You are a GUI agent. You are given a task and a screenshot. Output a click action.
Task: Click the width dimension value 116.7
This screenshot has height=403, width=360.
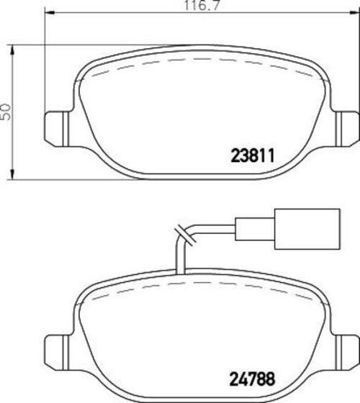[202, 6]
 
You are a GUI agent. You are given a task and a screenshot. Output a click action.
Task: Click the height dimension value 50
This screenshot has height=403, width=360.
[6, 112]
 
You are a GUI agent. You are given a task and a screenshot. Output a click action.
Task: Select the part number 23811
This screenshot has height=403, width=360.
[253, 155]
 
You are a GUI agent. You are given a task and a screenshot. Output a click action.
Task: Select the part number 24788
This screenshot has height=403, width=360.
[252, 379]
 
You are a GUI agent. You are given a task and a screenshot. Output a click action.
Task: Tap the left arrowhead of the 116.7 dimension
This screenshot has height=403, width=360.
[50, 13]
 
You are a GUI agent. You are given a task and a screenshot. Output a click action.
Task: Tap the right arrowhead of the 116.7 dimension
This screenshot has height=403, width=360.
[355, 13]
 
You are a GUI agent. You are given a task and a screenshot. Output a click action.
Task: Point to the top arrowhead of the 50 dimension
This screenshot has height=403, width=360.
[12, 50]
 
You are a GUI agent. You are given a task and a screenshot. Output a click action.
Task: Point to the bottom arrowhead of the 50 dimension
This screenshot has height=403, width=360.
[12, 174]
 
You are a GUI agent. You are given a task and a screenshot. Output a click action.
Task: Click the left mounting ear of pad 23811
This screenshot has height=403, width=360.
[57, 129]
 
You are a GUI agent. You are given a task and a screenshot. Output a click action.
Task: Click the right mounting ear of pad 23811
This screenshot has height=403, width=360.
[347, 129]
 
